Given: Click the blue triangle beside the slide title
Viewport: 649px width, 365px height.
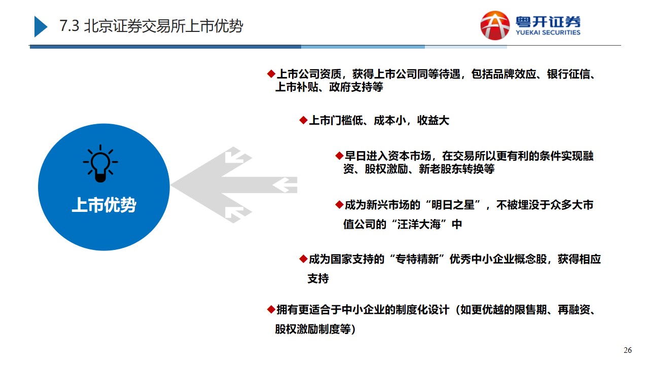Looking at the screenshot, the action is pyautogui.click(x=41, y=26).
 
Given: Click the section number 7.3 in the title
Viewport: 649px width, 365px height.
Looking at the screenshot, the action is pyautogui.click(x=69, y=26).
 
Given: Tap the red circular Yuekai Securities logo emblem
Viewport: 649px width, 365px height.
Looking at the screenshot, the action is pyautogui.click(x=495, y=25).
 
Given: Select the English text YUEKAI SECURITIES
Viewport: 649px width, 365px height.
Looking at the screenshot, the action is pyautogui.click(x=548, y=32).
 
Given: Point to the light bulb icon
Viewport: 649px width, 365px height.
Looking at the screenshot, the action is pyautogui.click(x=100, y=164).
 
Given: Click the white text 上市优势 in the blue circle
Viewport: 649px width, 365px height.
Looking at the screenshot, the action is pyautogui.click(x=104, y=205).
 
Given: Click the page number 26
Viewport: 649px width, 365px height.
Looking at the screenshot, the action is pyautogui.click(x=628, y=350).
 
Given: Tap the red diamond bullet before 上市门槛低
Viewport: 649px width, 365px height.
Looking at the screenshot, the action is pyautogui.click(x=303, y=120).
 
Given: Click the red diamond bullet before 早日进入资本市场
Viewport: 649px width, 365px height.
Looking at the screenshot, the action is pyautogui.click(x=339, y=156).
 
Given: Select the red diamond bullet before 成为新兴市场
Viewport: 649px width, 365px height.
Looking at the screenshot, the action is pyautogui.click(x=339, y=205).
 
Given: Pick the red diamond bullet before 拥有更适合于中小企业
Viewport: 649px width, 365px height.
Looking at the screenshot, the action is pyautogui.click(x=271, y=310).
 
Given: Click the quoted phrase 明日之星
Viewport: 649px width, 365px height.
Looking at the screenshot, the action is pyautogui.click(x=453, y=205).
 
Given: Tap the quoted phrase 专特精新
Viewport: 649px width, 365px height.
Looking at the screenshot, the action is pyautogui.click(x=417, y=259).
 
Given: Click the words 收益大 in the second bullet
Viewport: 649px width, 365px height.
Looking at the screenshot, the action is pyautogui.click(x=433, y=121).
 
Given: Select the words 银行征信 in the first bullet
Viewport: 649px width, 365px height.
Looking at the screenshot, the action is pyautogui.click(x=568, y=74).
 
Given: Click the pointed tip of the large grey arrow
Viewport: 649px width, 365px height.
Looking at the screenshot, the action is pyautogui.click(x=171, y=185).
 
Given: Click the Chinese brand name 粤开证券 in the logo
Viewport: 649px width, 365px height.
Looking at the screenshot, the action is pyautogui.click(x=548, y=22).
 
